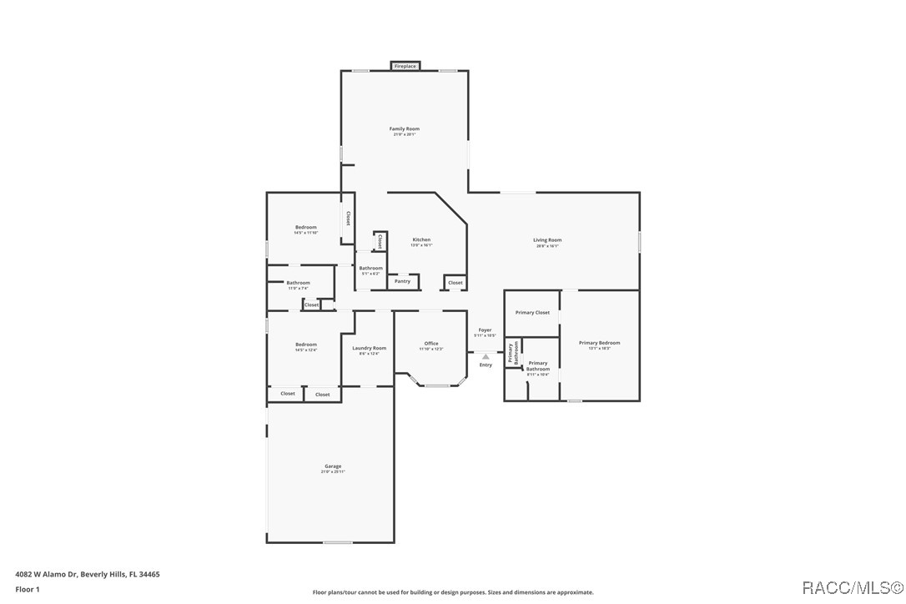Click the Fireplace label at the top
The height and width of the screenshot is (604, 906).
tap(405, 66)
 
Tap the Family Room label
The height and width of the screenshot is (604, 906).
tap(405, 129)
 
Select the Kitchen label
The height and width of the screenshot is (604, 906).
tap(421, 240)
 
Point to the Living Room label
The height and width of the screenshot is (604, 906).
tap(547, 240)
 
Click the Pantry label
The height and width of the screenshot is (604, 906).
tap(402, 281)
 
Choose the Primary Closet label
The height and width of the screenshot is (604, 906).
tap(532, 313)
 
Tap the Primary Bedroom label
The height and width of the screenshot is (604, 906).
tap(599, 343)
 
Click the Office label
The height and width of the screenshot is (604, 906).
tap(431, 344)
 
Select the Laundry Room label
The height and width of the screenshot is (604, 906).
tap(369, 348)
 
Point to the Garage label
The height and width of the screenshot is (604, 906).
tap(333, 466)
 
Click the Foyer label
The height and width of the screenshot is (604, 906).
tap(485, 330)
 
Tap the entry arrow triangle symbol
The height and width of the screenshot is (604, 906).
tap(486, 356)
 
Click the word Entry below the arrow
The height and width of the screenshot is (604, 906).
tap(486, 365)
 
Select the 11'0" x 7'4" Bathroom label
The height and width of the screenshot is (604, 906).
tap(298, 284)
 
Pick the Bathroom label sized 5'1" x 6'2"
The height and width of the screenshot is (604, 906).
tap(370, 269)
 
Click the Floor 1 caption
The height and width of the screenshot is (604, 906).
tap(28, 589)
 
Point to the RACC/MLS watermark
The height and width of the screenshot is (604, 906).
tap(850, 588)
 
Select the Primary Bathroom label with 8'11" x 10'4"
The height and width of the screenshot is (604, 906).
tap(538, 366)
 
